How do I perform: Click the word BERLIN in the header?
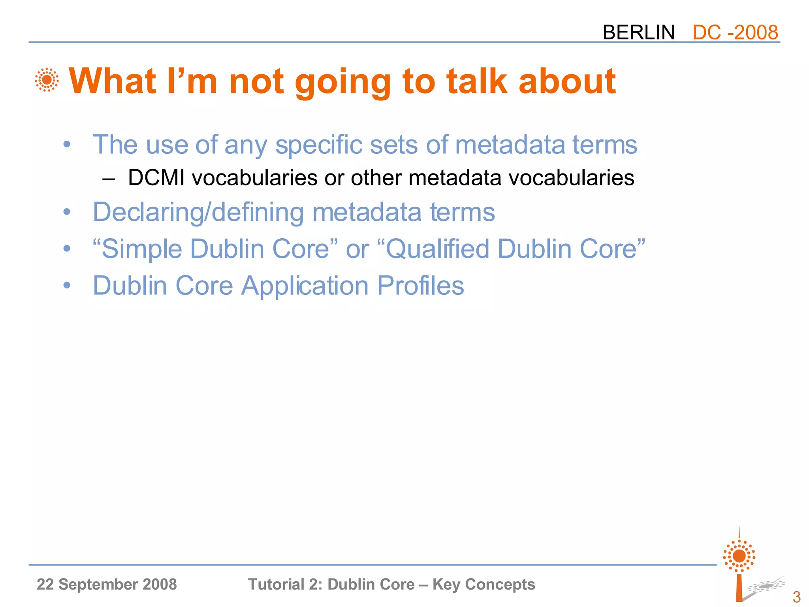(638, 32)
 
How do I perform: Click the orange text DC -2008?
(735, 32)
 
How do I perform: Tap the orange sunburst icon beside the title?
(47, 80)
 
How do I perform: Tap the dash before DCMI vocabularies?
(108, 179)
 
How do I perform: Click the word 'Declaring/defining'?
(198, 212)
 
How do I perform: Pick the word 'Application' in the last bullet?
(305, 285)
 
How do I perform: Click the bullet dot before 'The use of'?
(67, 144)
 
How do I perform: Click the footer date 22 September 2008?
(107, 584)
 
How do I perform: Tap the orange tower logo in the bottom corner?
(739, 565)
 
